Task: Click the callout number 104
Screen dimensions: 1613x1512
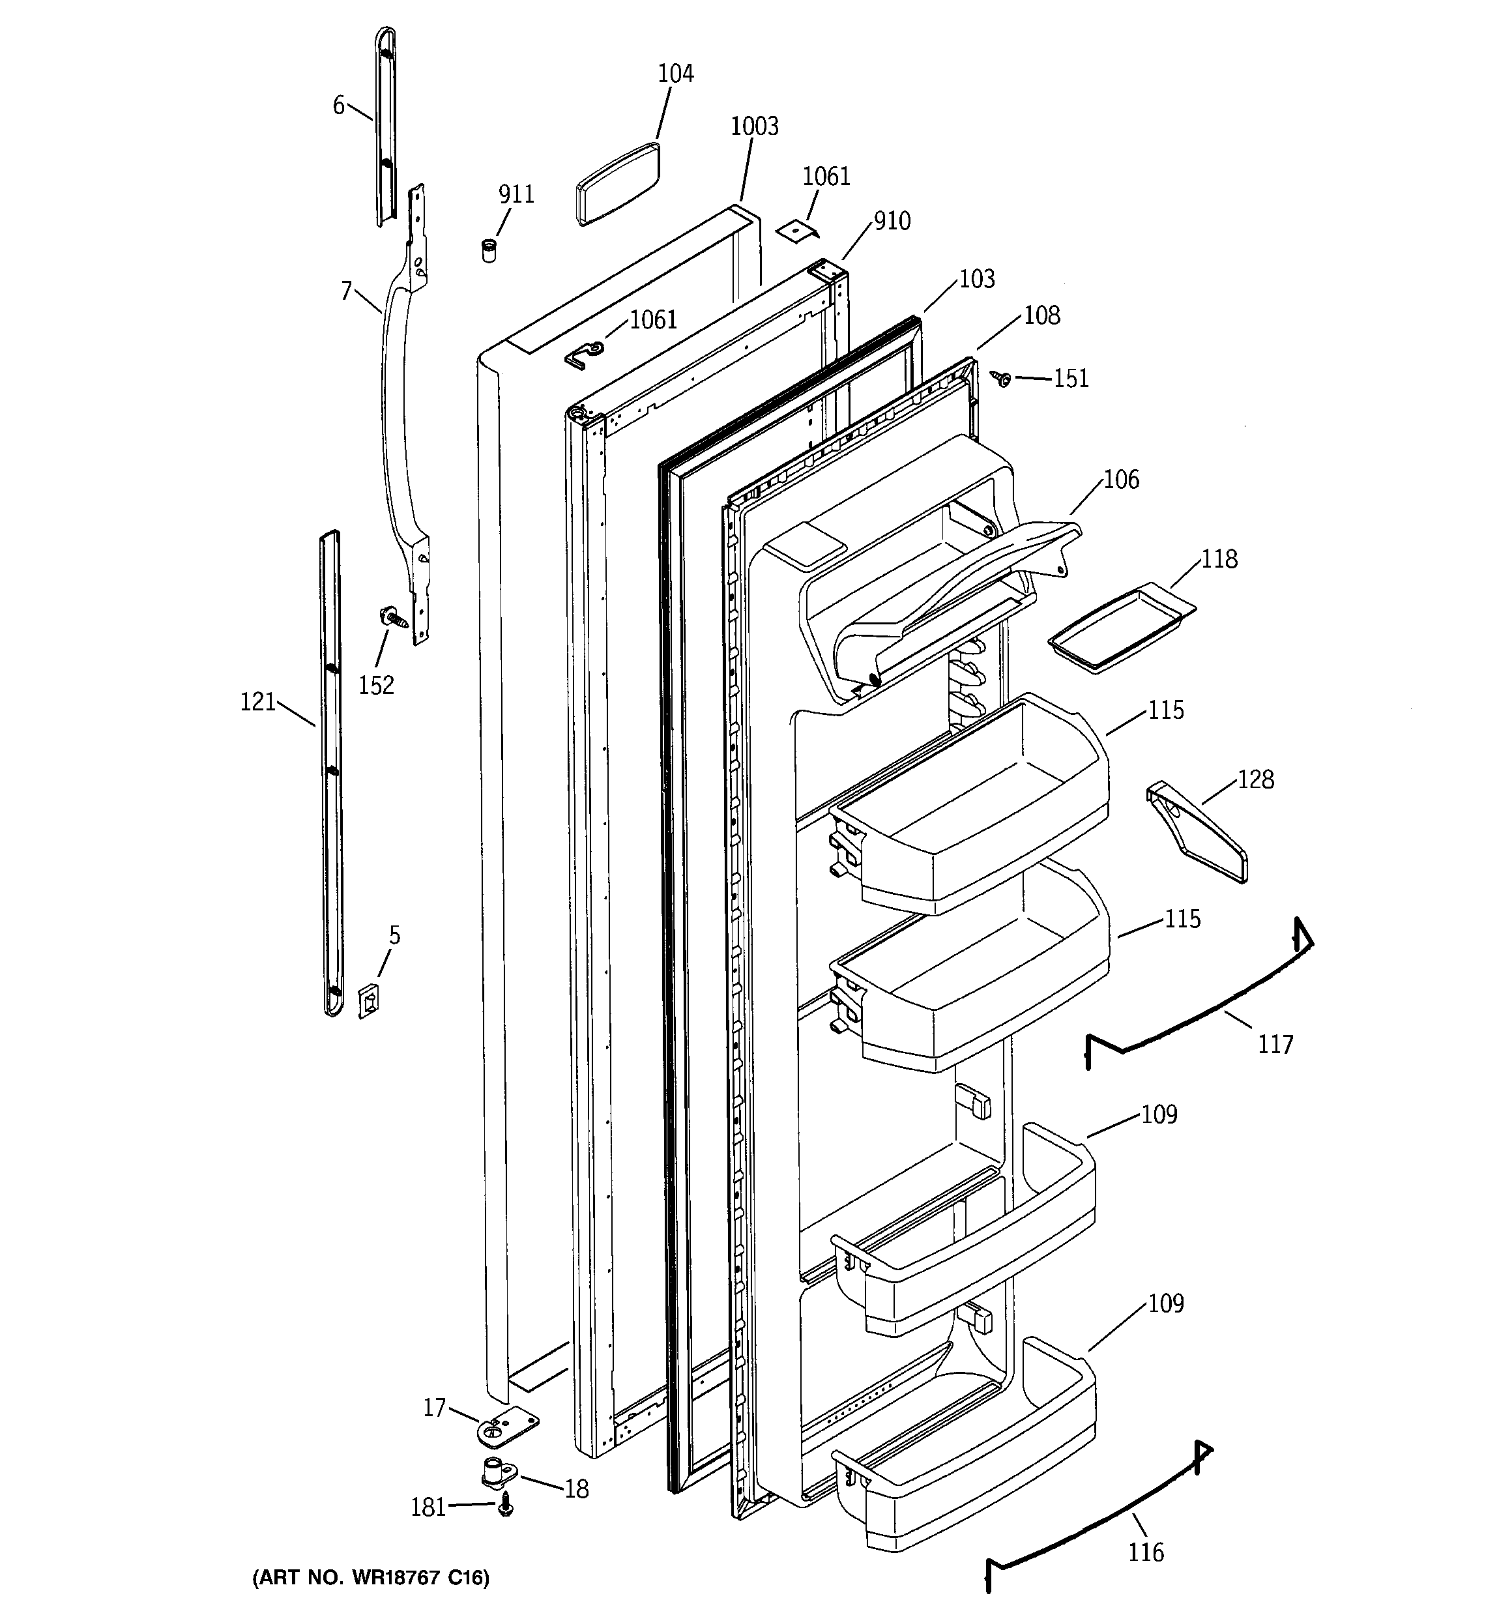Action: pos(675,74)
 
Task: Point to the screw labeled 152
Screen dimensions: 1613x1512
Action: pos(391,616)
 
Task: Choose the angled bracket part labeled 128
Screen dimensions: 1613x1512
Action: pos(1197,832)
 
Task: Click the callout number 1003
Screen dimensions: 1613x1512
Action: pos(754,126)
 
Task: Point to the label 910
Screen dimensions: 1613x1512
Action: pos(892,221)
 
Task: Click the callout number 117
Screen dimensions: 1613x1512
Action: pos(1275,1044)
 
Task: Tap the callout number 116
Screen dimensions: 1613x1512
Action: pos(1145,1552)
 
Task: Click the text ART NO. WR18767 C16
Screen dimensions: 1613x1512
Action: pos(371,1577)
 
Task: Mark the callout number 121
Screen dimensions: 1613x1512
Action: pos(258,702)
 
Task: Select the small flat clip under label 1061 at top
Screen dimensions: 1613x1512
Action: pos(797,233)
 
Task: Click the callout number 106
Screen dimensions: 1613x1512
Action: pos(1121,480)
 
